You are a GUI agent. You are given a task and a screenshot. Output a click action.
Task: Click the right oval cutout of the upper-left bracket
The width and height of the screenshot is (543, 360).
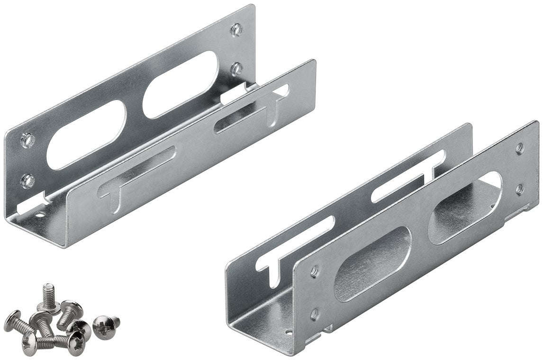[x=181, y=84]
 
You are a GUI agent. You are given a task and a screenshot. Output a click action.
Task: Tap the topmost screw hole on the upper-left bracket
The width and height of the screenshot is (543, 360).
[x=235, y=29]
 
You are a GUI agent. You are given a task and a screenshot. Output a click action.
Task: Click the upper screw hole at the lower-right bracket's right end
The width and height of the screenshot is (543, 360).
[x=519, y=148]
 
